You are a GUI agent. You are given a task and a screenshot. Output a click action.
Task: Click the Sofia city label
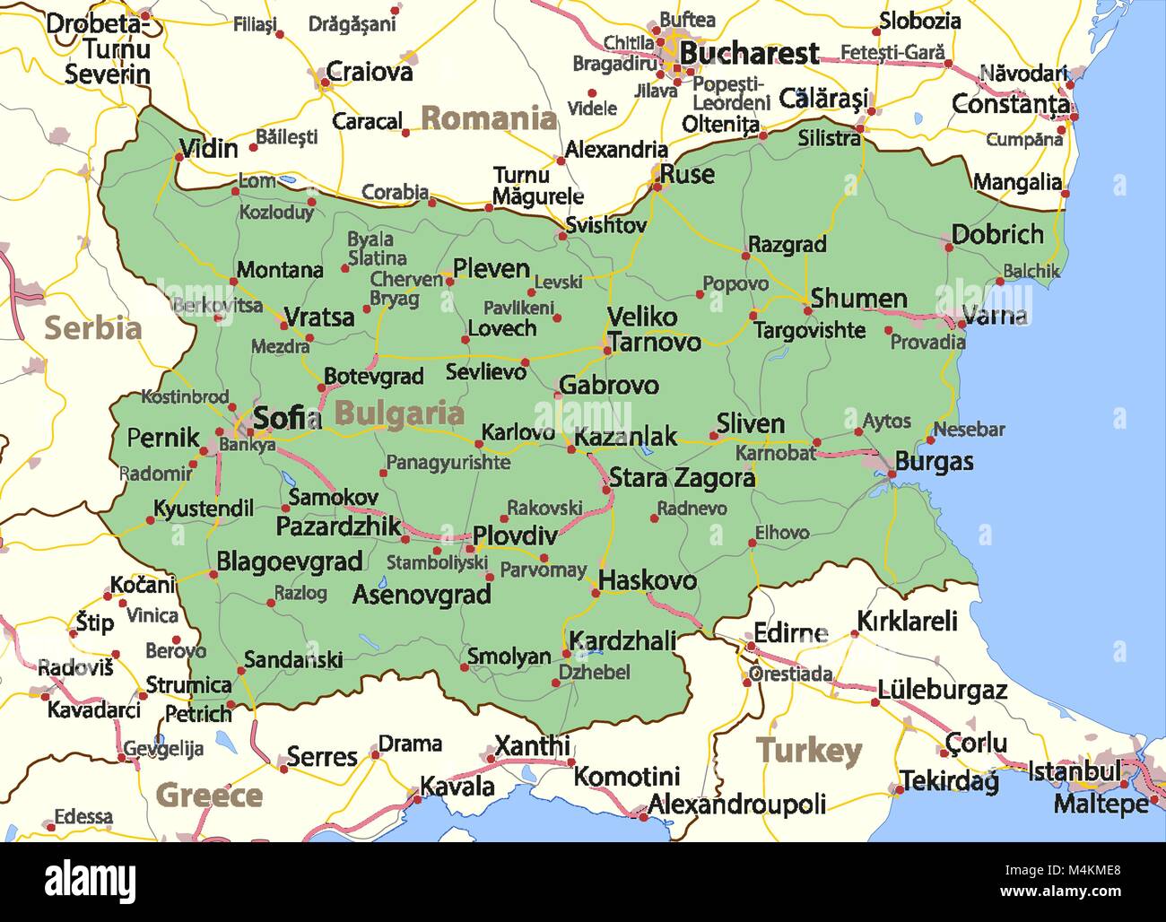pyautogui.click(x=286, y=418)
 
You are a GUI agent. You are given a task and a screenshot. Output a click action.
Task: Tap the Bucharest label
pyautogui.click(x=748, y=54)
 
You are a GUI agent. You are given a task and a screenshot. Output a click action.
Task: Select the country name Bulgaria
pyautogui.click(x=399, y=413)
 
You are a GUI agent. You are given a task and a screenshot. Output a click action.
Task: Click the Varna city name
pyautogui.click(x=994, y=316)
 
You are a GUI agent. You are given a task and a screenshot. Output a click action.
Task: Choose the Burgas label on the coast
pyautogui.click(x=934, y=462)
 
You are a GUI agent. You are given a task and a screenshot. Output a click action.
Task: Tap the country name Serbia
pyautogui.click(x=92, y=328)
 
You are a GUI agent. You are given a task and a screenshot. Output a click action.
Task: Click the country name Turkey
pyautogui.click(x=808, y=751)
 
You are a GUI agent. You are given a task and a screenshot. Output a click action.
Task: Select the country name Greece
pyautogui.click(x=208, y=795)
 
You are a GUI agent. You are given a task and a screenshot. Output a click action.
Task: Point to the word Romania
pyautogui.click(x=489, y=117)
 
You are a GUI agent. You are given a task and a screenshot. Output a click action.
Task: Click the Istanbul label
pyautogui.click(x=1074, y=770)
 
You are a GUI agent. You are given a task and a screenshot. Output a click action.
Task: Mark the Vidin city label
pyautogui.click(x=208, y=148)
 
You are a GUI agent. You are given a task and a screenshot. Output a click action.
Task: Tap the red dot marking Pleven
pyautogui.click(x=449, y=282)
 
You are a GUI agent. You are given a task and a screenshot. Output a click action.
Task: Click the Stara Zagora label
pyautogui.click(x=682, y=478)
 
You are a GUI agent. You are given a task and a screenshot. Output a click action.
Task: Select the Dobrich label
pyautogui.click(x=997, y=235)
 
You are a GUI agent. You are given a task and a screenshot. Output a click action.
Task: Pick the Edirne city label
pyautogui.click(x=789, y=633)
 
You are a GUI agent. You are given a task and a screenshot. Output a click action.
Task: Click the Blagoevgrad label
pyautogui.click(x=289, y=562)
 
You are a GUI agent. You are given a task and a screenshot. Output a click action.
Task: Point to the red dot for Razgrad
pyautogui.click(x=744, y=254)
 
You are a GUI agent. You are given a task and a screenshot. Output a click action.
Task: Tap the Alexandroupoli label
pyautogui.click(x=736, y=805)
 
